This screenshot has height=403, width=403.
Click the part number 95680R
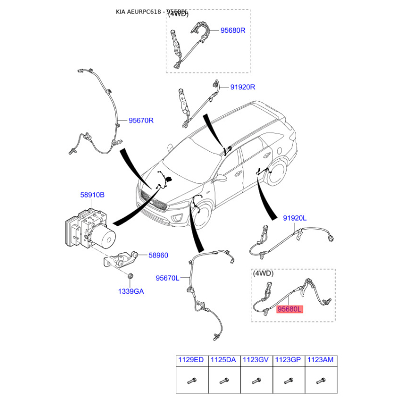tap(233, 30)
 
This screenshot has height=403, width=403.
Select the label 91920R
tap(243, 87)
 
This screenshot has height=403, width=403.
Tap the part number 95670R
tap(141, 120)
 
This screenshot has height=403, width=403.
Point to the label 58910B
tap(92, 194)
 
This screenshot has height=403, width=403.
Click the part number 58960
tap(158, 255)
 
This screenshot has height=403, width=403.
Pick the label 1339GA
tap(131, 291)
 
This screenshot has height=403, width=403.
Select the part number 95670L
tap(167, 278)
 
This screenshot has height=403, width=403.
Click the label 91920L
tap(295, 218)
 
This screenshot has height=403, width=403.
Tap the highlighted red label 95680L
tap(289, 309)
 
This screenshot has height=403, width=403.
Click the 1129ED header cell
tap(192, 360)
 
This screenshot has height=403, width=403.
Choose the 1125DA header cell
tap(224, 360)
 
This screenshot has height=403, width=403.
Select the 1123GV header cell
tap(256, 360)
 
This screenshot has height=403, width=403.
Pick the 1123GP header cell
tap(288, 360)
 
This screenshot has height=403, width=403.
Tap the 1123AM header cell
tap(320, 360)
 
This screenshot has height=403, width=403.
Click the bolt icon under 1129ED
tap(192, 380)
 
